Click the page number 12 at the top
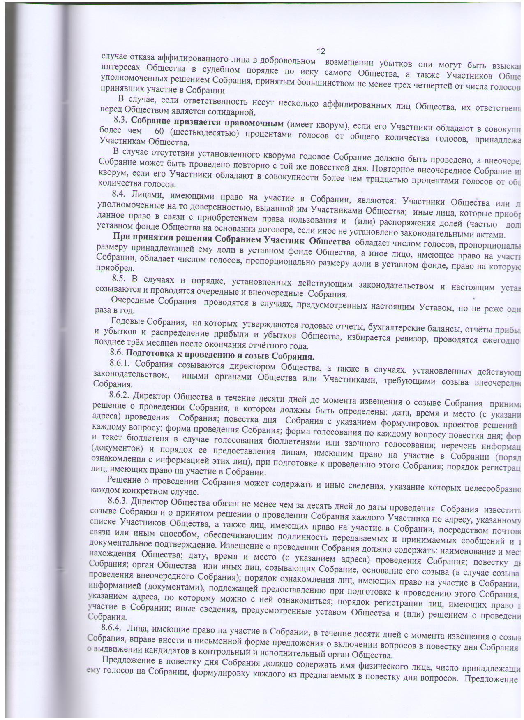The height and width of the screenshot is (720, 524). pos(321,51)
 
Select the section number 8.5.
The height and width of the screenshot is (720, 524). pos(119,279)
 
